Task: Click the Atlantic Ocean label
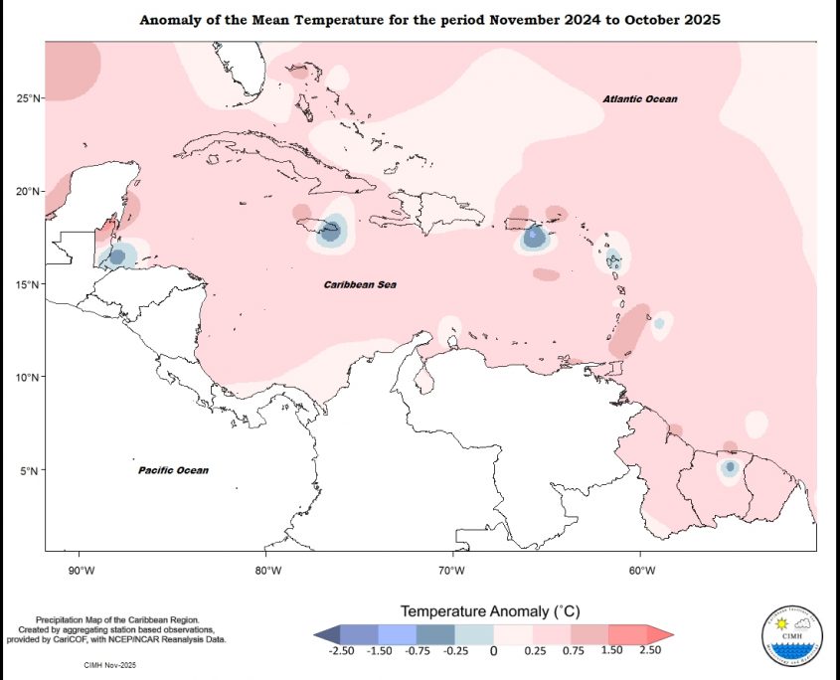click(640, 99)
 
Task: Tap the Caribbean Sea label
click(360, 285)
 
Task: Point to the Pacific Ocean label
click(173, 470)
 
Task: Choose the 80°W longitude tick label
click(267, 570)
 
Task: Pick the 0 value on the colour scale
click(494, 651)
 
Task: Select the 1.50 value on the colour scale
click(610, 650)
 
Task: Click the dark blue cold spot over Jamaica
click(329, 232)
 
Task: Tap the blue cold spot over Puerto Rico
click(535, 237)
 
